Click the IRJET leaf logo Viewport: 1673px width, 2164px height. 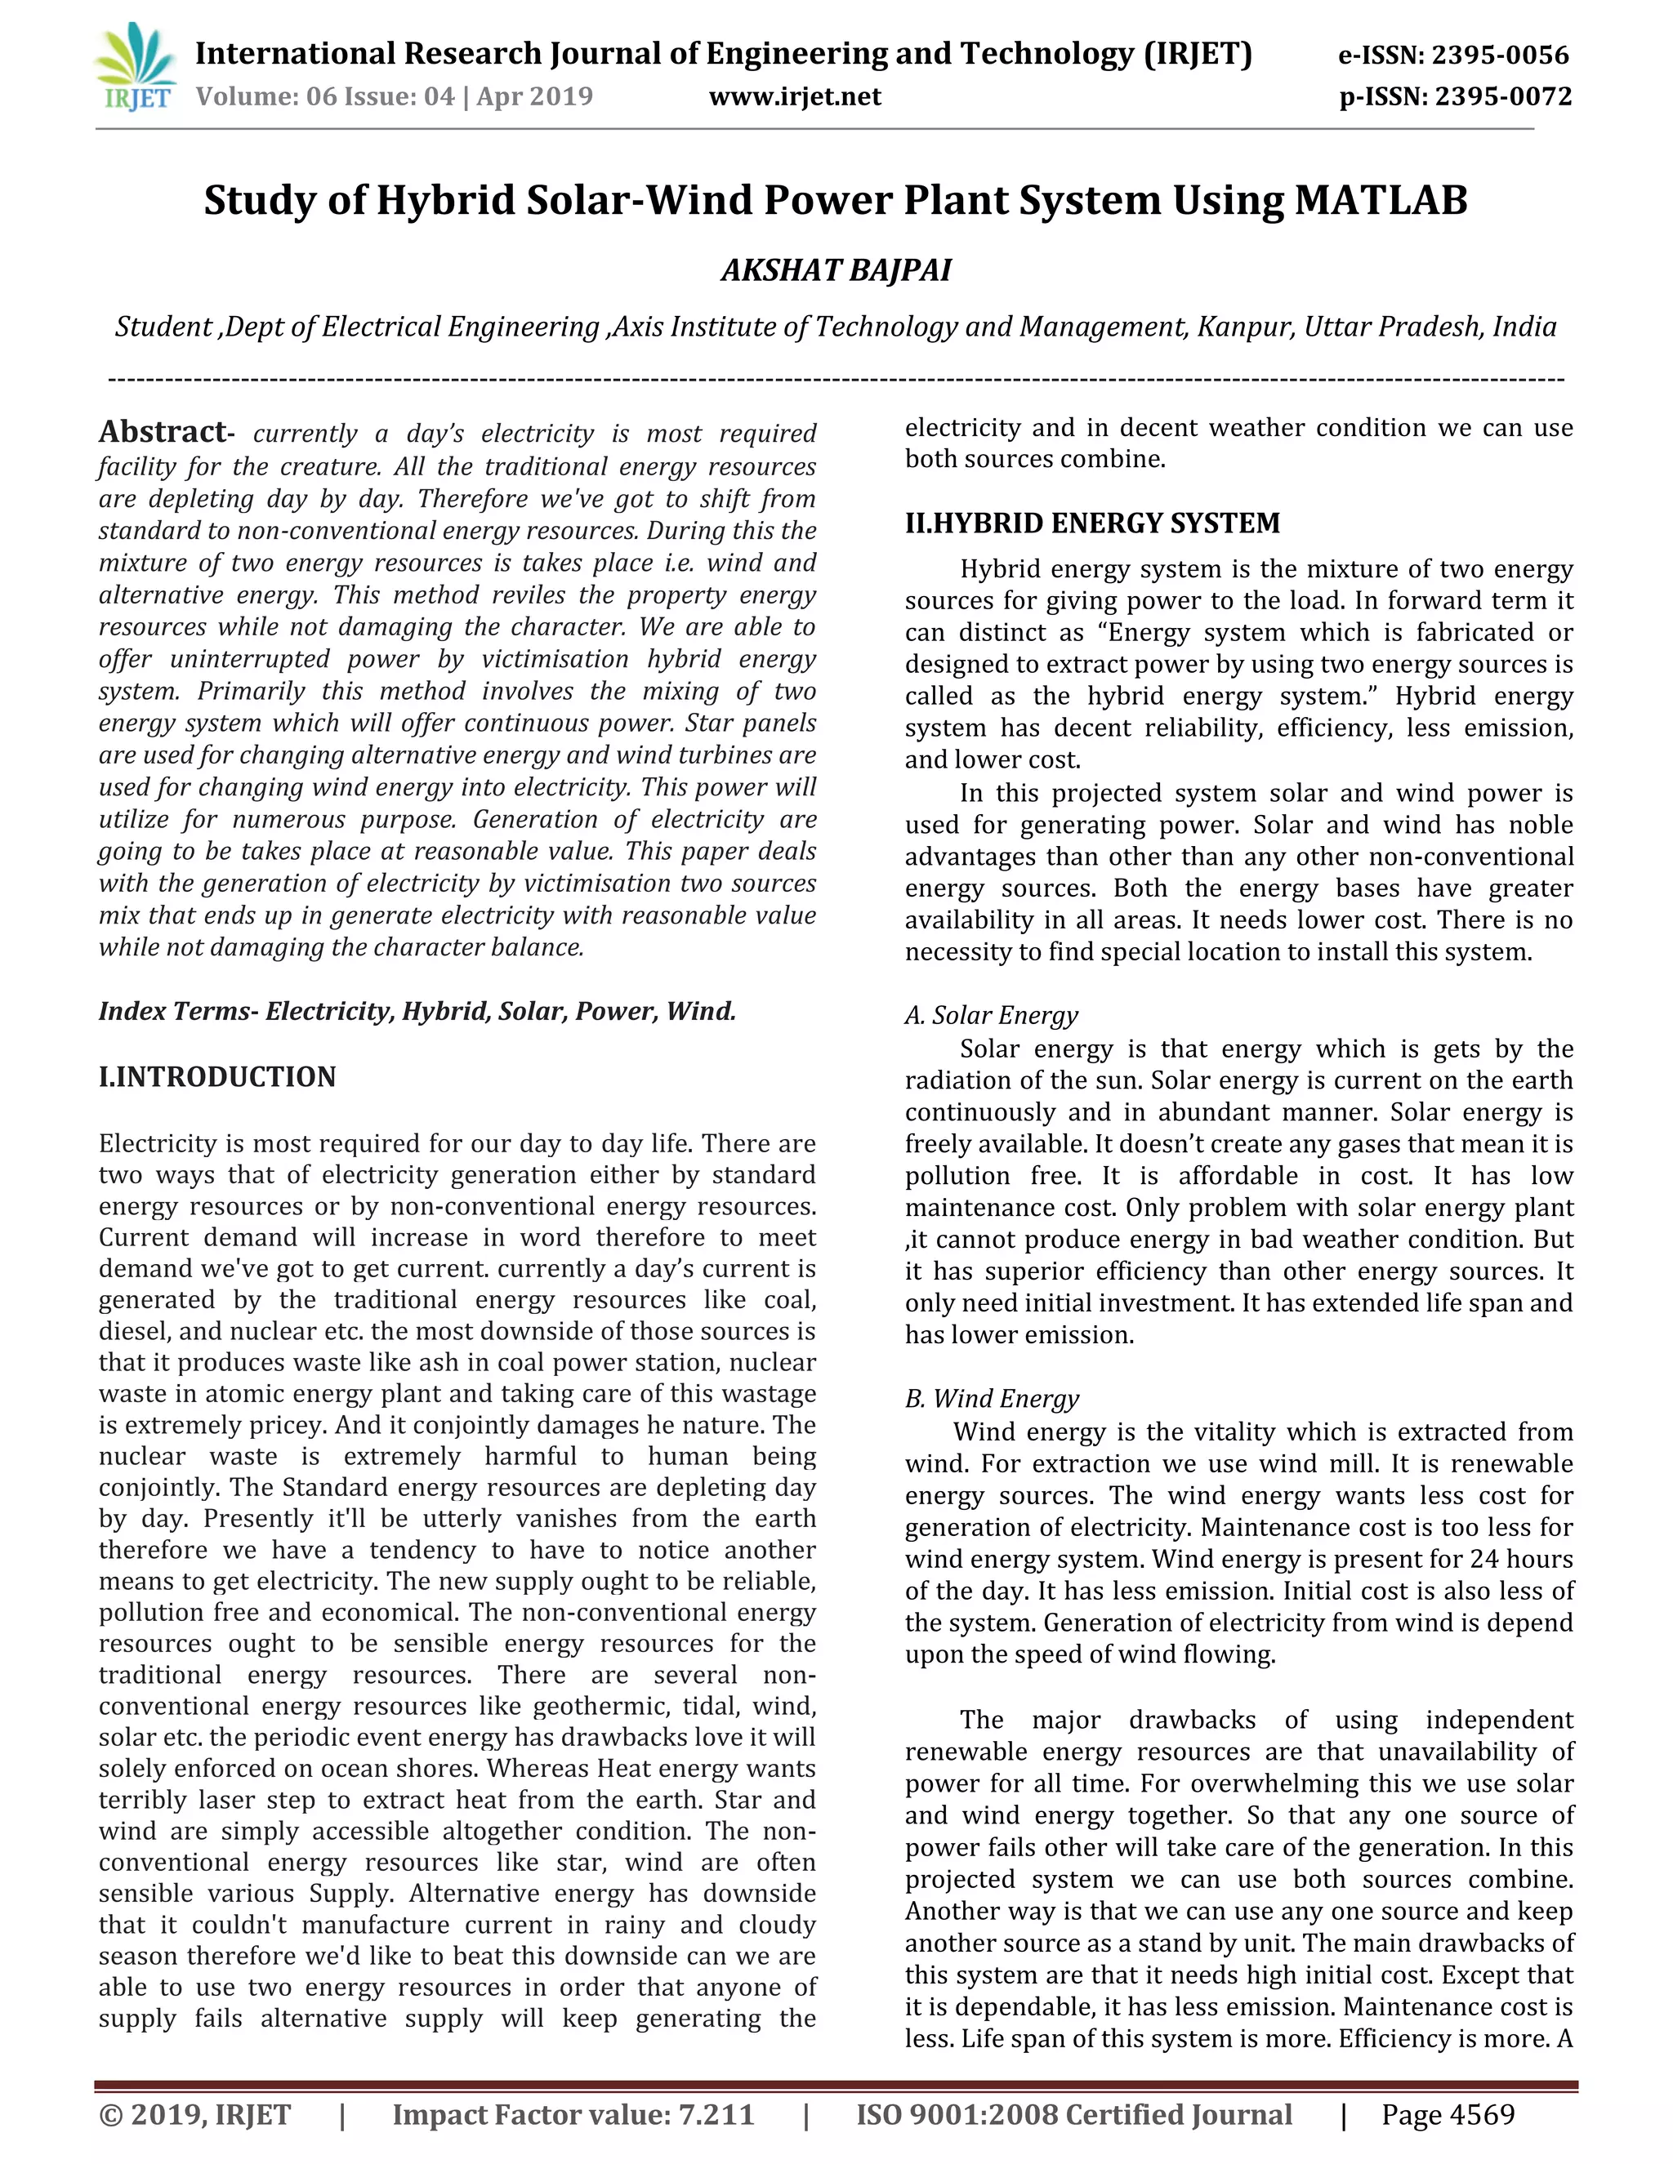[x=136, y=68]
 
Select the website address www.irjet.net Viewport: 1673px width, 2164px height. [x=794, y=96]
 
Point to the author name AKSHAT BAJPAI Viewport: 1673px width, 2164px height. [x=836, y=269]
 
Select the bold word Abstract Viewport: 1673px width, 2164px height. [x=163, y=432]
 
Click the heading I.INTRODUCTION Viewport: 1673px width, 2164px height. [x=217, y=1076]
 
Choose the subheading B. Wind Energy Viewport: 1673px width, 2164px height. [x=991, y=1398]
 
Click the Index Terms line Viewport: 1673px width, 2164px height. [x=417, y=1011]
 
